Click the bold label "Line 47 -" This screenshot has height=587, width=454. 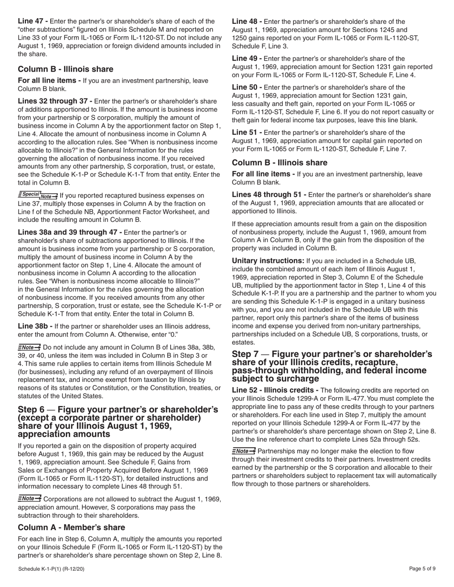click(32, 21)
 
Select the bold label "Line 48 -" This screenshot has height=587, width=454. click(247, 21)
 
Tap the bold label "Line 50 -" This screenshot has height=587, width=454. click(247, 87)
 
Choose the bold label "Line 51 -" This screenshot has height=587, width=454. click(247, 132)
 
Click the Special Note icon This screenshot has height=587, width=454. click(38, 195)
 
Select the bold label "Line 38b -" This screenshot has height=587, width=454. click(35, 326)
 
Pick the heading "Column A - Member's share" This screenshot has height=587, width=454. click(72, 527)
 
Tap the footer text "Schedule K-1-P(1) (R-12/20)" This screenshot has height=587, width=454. click(53, 569)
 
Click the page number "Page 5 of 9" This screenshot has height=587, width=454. click(422, 569)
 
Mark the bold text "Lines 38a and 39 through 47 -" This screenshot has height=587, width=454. click(70, 232)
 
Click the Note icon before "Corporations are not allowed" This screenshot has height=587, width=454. click(30, 499)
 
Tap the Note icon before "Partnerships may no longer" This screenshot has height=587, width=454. click(244, 451)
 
